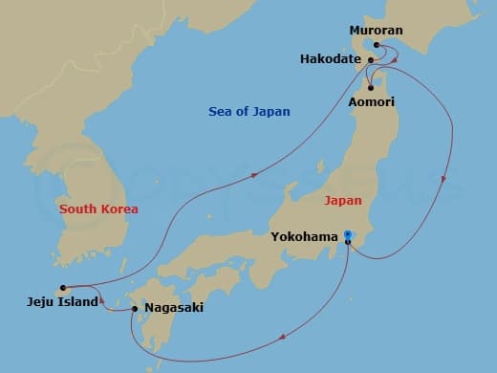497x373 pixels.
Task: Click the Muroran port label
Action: tap(378, 30)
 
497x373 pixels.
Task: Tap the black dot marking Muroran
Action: tap(378, 45)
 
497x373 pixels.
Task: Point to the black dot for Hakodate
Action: tap(370, 59)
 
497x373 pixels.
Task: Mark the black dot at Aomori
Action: tap(369, 89)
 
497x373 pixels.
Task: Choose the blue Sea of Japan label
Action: tap(249, 112)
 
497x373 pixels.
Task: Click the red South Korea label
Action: tap(98, 208)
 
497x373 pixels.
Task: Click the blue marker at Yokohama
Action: tap(348, 235)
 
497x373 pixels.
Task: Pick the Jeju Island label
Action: tap(63, 302)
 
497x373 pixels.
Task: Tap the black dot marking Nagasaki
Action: tap(134, 308)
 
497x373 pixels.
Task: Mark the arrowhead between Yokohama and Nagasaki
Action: tap(281, 335)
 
